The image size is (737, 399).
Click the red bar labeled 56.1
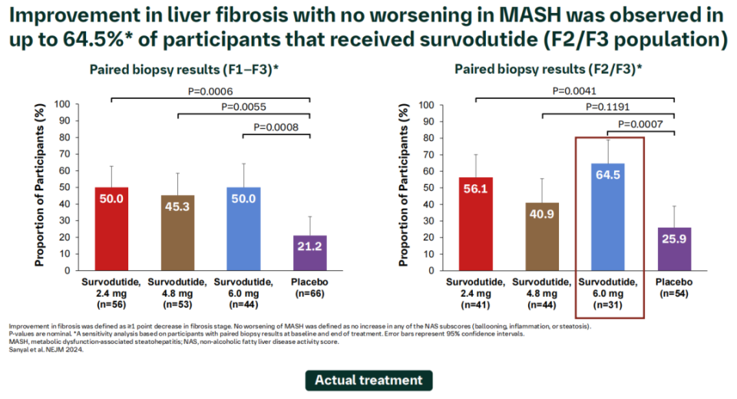coord(475,223)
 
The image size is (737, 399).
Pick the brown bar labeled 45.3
coord(177,231)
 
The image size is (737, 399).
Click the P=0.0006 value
coord(210,91)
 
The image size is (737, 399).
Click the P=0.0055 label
coord(243,107)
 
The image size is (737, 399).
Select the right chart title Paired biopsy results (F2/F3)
coord(548,70)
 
